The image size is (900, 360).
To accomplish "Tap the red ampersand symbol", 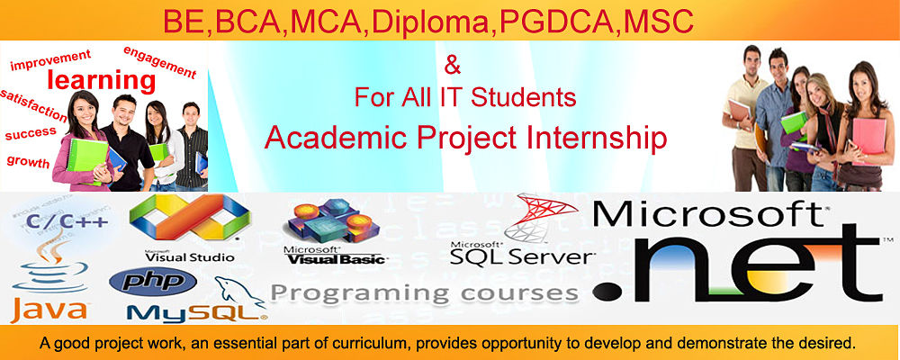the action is pos(453,67).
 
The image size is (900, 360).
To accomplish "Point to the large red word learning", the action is pos(101,81).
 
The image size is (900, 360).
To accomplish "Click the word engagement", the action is pos(159,62).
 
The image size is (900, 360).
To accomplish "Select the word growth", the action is pos(28,162).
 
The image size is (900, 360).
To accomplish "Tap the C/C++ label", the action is pos(67,221).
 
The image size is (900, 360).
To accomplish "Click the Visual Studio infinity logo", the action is pos(189,217).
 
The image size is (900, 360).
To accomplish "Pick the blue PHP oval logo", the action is pos(153,282).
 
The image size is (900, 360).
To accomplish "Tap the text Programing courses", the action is pos(424,293).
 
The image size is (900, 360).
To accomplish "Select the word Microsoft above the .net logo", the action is pos(708,213).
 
